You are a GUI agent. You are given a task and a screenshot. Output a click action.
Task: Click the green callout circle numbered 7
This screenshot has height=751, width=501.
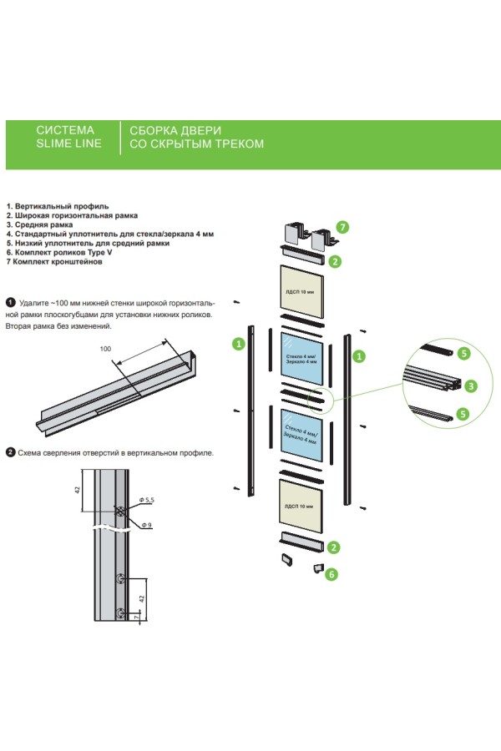tap(342, 226)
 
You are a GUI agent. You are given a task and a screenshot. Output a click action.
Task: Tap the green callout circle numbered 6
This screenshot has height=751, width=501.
tap(331, 573)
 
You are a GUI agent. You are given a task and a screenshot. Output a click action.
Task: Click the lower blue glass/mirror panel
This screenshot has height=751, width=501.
tap(299, 434)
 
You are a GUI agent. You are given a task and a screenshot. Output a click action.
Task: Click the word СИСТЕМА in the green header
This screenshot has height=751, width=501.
tap(66, 131)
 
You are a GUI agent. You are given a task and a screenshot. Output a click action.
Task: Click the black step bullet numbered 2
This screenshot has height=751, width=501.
tap(10, 452)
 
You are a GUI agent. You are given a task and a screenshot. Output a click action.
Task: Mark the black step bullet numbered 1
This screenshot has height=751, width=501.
tap(10, 300)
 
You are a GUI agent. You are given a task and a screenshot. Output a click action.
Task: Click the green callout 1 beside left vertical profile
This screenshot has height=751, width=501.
tap(238, 343)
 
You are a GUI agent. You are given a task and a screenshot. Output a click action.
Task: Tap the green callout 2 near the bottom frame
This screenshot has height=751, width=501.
tap(333, 547)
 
